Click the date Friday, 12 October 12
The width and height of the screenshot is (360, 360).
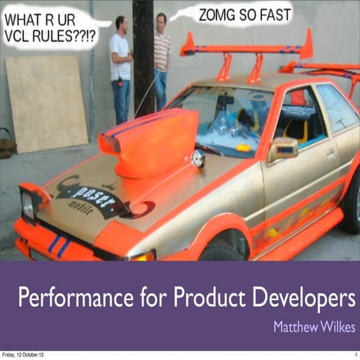tap(23, 354)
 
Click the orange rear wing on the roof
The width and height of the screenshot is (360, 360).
tap(248, 50)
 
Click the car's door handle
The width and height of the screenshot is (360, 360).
tap(331, 154)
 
